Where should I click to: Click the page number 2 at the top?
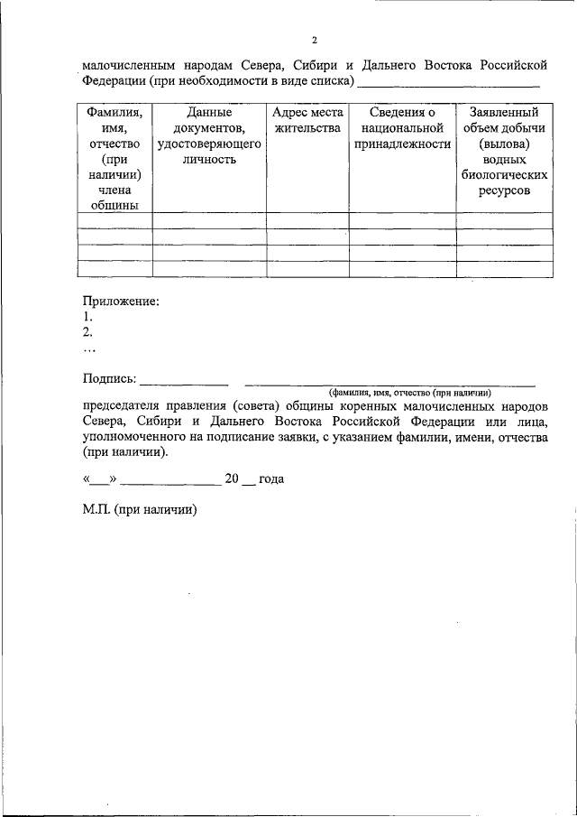coord(315,40)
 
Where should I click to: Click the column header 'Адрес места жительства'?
coord(307,120)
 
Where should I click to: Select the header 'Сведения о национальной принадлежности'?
coord(402,128)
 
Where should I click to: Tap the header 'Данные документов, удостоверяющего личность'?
coord(209,135)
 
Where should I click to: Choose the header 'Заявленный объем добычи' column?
coord(505,151)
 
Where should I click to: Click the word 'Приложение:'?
coord(121,301)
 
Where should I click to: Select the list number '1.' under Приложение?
coord(87,317)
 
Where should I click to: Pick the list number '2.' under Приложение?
coord(87,332)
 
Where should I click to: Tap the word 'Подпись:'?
coord(109,378)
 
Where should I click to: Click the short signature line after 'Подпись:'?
coord(184,384)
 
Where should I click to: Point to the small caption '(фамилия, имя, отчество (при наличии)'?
coord(409,393)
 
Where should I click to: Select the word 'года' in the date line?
coord(271,479)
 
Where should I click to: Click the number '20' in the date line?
coord(232,479)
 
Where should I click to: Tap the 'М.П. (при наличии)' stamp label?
coord(140,509)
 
